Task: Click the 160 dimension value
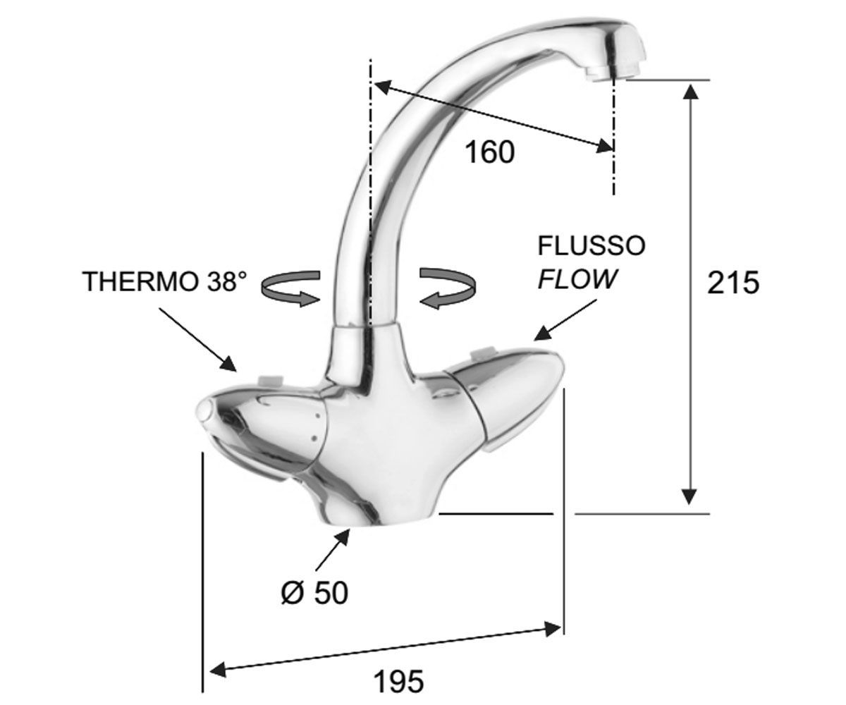(489, 152)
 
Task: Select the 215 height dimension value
(733, 283)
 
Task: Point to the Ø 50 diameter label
(315, 593)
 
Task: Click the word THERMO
(140, 281)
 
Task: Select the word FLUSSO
(591, 245)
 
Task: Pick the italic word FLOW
(578, 278)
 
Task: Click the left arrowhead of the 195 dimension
(218, 670)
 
